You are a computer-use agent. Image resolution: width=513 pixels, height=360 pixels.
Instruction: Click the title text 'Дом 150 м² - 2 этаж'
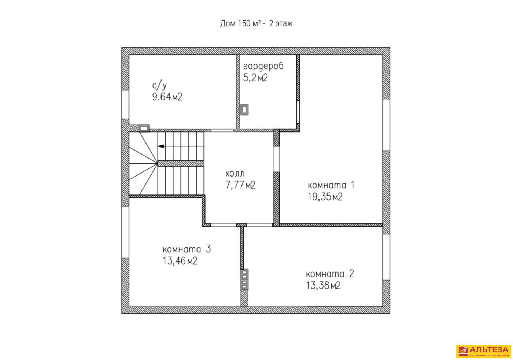[x=256, y=23]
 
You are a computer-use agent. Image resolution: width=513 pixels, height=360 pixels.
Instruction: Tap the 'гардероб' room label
[x=263, y=66]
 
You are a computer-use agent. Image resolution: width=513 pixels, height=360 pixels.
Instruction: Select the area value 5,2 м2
[x=255, y=78]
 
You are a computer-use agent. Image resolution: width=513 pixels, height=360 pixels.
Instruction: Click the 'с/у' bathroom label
[x=159, y=86]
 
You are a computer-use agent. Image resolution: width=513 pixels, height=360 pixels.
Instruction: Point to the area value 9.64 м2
[x=167, y=97]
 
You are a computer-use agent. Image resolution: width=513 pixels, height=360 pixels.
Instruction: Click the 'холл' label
[x=235, y=174]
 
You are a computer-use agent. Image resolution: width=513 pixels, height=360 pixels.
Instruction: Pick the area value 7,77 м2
[x=240, y=185]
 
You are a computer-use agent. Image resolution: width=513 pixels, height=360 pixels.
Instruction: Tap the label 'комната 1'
[x=331, y=185]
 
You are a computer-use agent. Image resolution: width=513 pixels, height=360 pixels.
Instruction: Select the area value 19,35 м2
[x=325, y=197]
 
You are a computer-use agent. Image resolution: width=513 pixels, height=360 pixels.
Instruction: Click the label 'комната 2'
[x=330, y=274]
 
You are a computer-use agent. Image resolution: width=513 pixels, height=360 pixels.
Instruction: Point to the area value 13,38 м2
[x=323, y=285]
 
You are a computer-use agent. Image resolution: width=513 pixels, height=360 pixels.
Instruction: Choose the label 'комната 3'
[x=187, y=249]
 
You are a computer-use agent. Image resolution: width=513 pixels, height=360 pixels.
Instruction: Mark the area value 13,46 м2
[x=180, y=261]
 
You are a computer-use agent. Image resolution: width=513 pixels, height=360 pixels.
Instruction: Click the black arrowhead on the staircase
[x=160, y=146]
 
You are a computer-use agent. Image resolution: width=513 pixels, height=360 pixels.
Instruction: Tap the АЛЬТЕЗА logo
[x=483, y=351]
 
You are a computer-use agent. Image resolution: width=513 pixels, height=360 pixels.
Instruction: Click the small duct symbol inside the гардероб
[x=244, y=110]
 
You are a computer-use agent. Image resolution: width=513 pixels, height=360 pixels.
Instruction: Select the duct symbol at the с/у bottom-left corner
[x=144, y=128]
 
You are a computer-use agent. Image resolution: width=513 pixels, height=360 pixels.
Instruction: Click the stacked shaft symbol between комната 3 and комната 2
[x=244, y=279]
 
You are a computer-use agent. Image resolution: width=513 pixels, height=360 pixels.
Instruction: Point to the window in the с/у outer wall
[x=125, y=105]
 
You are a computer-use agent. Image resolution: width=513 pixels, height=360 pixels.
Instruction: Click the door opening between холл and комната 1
[x=277, y=159]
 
